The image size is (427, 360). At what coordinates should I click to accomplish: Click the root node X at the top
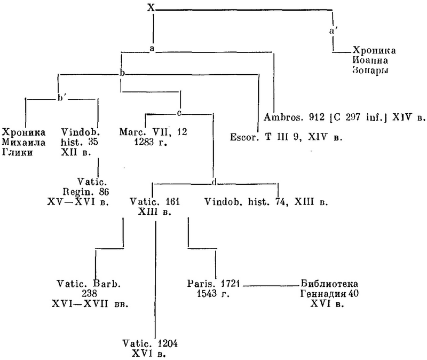point(152,8)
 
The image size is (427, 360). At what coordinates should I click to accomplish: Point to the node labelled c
point(180,113)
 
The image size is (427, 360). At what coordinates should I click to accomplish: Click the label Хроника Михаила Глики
point(24,140)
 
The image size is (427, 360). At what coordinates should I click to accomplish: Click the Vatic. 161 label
point(155,207)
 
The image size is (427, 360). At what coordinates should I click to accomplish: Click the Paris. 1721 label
point(214,288)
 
